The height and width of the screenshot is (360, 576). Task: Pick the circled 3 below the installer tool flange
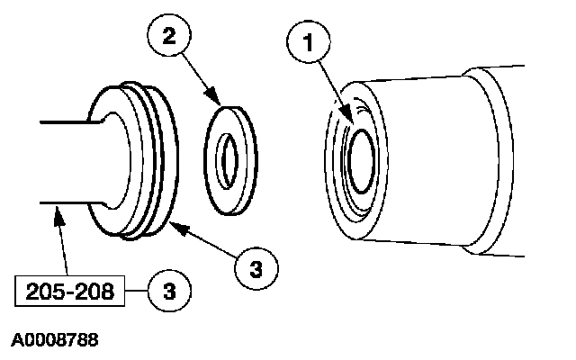257,266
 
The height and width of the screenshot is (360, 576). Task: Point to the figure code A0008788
55,341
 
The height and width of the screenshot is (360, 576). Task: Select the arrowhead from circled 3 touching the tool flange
173,228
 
